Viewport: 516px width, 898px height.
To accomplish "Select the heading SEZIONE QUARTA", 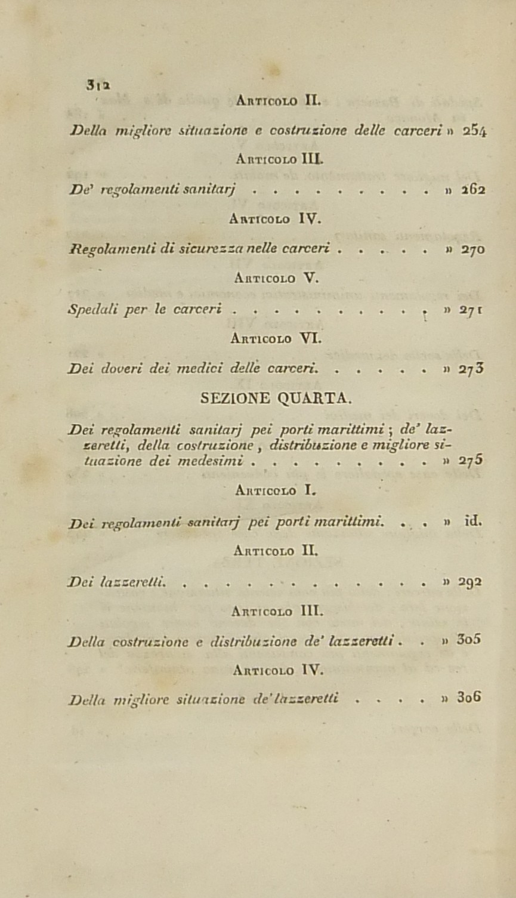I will (277, 397).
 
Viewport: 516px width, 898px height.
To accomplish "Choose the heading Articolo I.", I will (274, 490).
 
